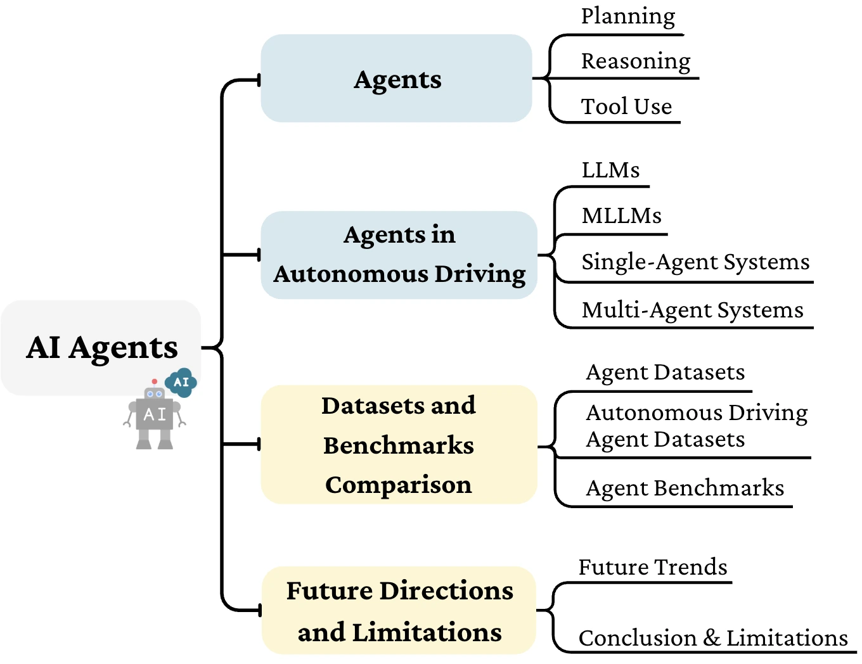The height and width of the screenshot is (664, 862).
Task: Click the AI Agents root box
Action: click(101, 347)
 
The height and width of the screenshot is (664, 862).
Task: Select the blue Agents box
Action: click(397, 79)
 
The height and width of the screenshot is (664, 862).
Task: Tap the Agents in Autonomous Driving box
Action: click(399, 255)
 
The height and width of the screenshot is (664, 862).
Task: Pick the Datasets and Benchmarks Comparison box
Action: click(399, 445)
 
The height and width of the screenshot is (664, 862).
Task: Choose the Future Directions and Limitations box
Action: click(399, 611)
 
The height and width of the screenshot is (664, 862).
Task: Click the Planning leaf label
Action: click(627, 16)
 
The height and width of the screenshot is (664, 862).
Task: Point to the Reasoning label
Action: click(636, 61)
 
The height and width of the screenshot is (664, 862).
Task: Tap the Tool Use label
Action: click(626, 106)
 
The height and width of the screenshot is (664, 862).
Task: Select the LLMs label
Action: click(610, 170)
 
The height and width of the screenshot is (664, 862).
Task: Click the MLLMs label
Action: click(621, 216)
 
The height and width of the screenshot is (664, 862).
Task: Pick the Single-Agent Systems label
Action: click(695, 262)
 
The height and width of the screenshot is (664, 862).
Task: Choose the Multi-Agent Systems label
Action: click(692, 310)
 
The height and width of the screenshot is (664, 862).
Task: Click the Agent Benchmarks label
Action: click(685, 488)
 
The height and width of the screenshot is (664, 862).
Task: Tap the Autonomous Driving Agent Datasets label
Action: click(696, 426)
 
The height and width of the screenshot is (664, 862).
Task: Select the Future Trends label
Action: click(653, 567)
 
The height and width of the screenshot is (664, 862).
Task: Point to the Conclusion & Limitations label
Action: click(713, 638)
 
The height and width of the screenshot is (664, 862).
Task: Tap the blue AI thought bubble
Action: click(181, 382)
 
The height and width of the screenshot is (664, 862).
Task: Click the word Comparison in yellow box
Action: click(399, 485)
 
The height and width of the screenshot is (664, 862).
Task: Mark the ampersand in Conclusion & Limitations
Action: click(712, 638)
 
